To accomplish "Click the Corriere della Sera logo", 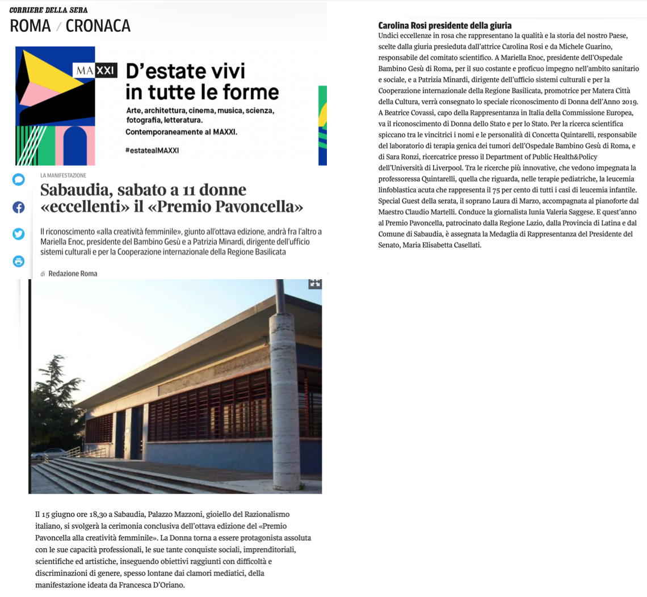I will [48, 10].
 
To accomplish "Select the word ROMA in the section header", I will [30, 26].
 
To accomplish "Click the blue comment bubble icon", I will [19, 180].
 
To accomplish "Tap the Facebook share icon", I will [19, 207].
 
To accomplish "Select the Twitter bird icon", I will [19, 234].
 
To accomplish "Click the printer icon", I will [19, 261].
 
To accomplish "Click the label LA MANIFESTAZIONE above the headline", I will [63, 175].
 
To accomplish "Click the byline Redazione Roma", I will [73, 274].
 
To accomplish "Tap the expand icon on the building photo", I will [315, 283].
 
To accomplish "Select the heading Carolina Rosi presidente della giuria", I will [445, 26].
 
